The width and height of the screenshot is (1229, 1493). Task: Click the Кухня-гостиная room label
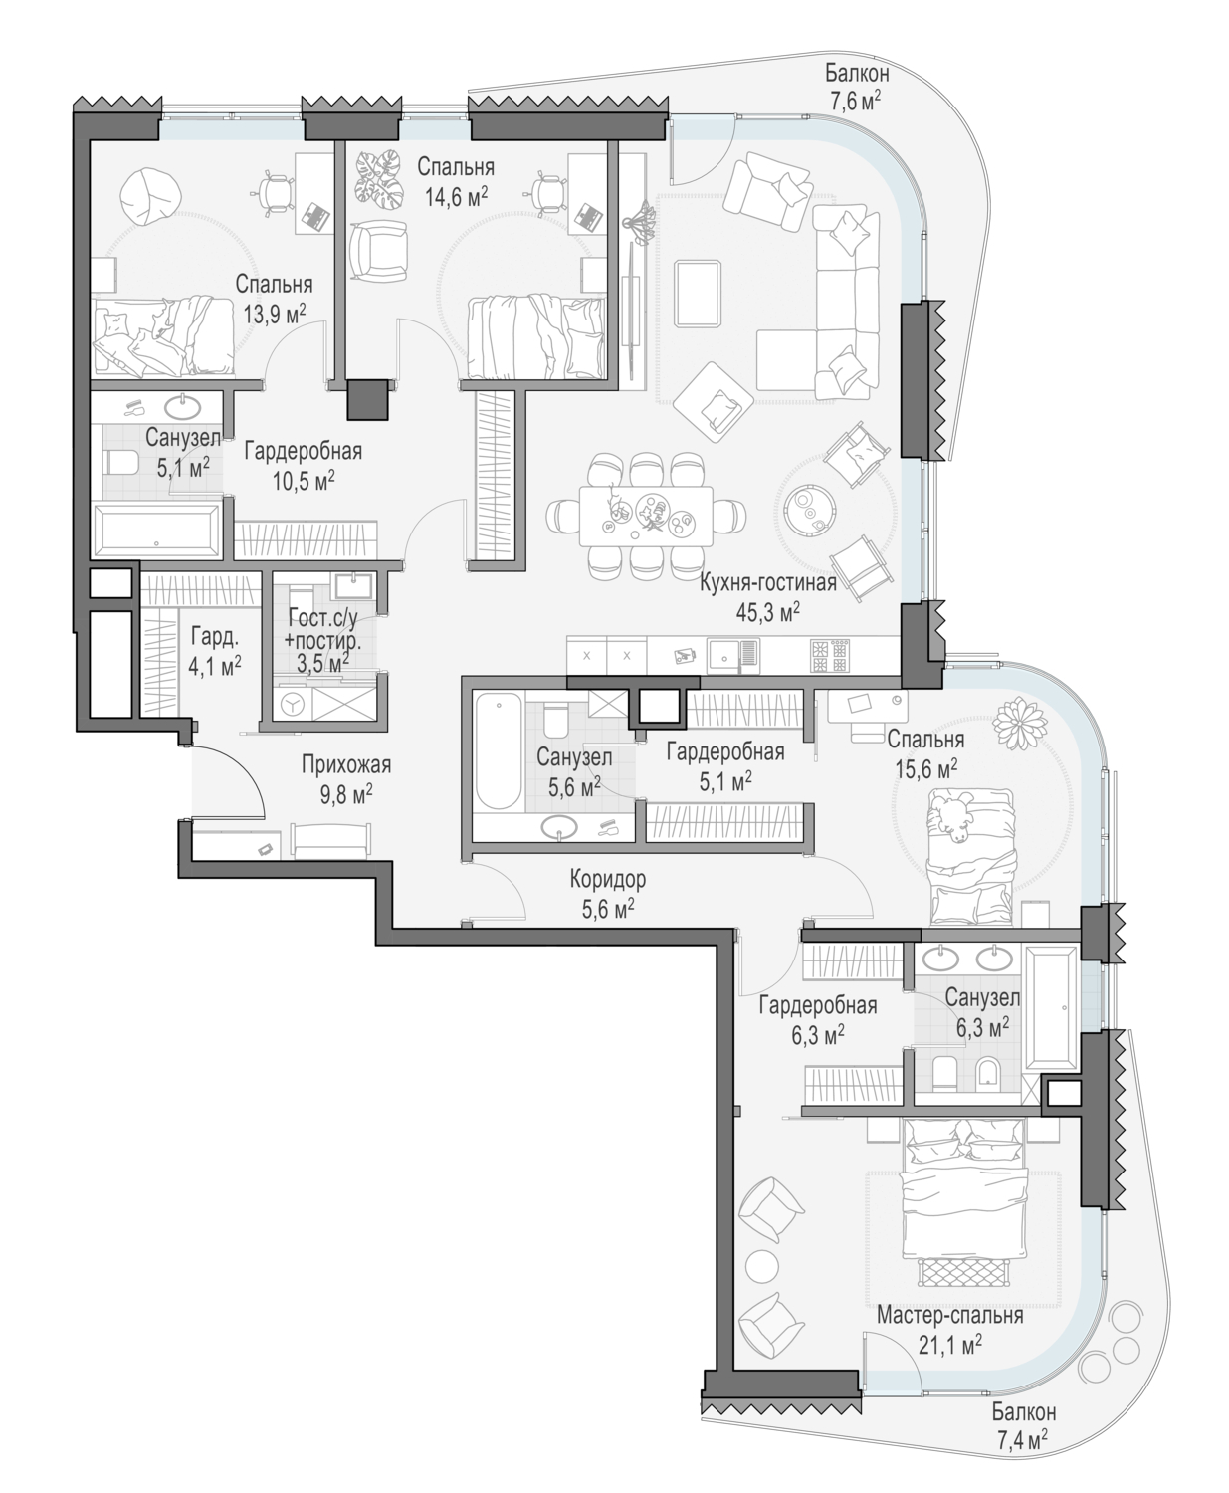(x=767, y=583)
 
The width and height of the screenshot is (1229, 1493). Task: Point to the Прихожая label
(x=346, y=764)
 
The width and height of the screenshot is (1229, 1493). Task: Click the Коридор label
(x=608, y=880)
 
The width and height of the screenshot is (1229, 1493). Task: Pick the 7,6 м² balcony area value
(x=856, y=101)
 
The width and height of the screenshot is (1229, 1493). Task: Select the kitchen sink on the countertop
(x=724, y=655)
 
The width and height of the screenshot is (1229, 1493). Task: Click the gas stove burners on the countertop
(x=830, y=656)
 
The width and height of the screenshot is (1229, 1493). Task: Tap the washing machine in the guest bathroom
(x=292, y=704)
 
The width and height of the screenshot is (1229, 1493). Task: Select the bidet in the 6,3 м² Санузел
(x=986, y=1074)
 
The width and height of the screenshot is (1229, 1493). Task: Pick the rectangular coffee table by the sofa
(x=699, y=292)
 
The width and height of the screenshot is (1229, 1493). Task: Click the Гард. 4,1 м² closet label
(x=216, y=651)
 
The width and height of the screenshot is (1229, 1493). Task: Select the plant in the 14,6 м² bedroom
(x=379, y=179)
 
